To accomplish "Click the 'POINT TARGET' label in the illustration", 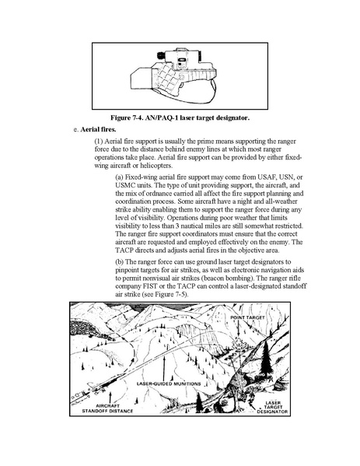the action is (247, 317).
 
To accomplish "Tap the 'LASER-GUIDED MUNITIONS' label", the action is (169, 384).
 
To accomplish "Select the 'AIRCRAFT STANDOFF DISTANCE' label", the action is (107, 408).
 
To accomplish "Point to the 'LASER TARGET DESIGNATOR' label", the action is (272, 407).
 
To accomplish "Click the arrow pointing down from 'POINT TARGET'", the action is (239, 329).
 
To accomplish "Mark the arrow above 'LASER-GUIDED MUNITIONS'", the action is (164, 368).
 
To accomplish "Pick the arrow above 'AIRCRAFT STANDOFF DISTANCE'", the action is (110, 397).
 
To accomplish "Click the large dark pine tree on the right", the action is (266, 358).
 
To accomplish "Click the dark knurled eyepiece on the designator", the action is (161, 55).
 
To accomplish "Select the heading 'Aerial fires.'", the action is (98, 130).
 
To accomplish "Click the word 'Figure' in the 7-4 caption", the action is (120, 117).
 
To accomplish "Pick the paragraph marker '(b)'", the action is (120, 262).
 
